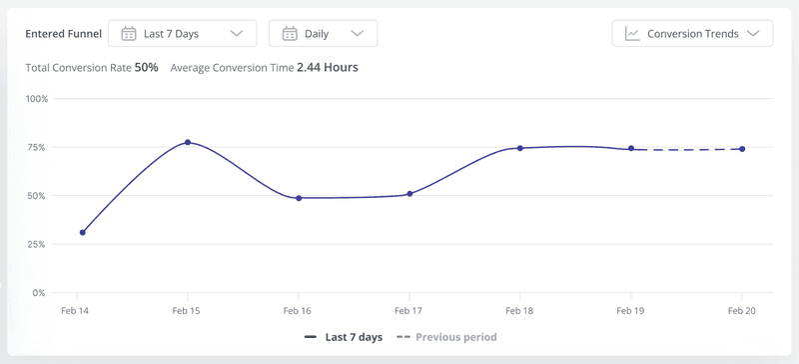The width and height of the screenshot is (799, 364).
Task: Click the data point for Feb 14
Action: [83, 232]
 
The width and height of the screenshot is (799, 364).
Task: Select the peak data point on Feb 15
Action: [188, 142]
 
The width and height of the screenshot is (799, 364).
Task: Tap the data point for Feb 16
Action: [299, 198]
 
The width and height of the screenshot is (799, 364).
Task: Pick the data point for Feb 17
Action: [409, 194]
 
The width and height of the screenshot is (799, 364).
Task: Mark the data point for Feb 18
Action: [519, 148]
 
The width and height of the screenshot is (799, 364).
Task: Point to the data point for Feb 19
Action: [630, 149]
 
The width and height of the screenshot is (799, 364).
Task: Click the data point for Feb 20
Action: [742, 149]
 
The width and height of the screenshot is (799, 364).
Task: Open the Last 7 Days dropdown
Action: [182, 33]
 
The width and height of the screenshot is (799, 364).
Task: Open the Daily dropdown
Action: [323, 33]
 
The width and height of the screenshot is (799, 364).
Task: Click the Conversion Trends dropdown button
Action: [692, 33]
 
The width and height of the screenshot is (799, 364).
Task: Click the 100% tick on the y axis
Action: [36, 99]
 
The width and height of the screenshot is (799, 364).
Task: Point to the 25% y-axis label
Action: [37, 244]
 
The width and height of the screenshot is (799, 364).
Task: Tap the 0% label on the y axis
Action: [39, 293]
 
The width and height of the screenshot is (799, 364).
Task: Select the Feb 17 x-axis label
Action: [409, 312]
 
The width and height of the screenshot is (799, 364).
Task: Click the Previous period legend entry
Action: [446, 337]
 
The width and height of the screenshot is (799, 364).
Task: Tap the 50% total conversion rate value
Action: [147, 68]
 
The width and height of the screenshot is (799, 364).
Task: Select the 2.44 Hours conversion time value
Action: [327, 68]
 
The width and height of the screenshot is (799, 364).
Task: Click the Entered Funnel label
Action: [63, 33]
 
